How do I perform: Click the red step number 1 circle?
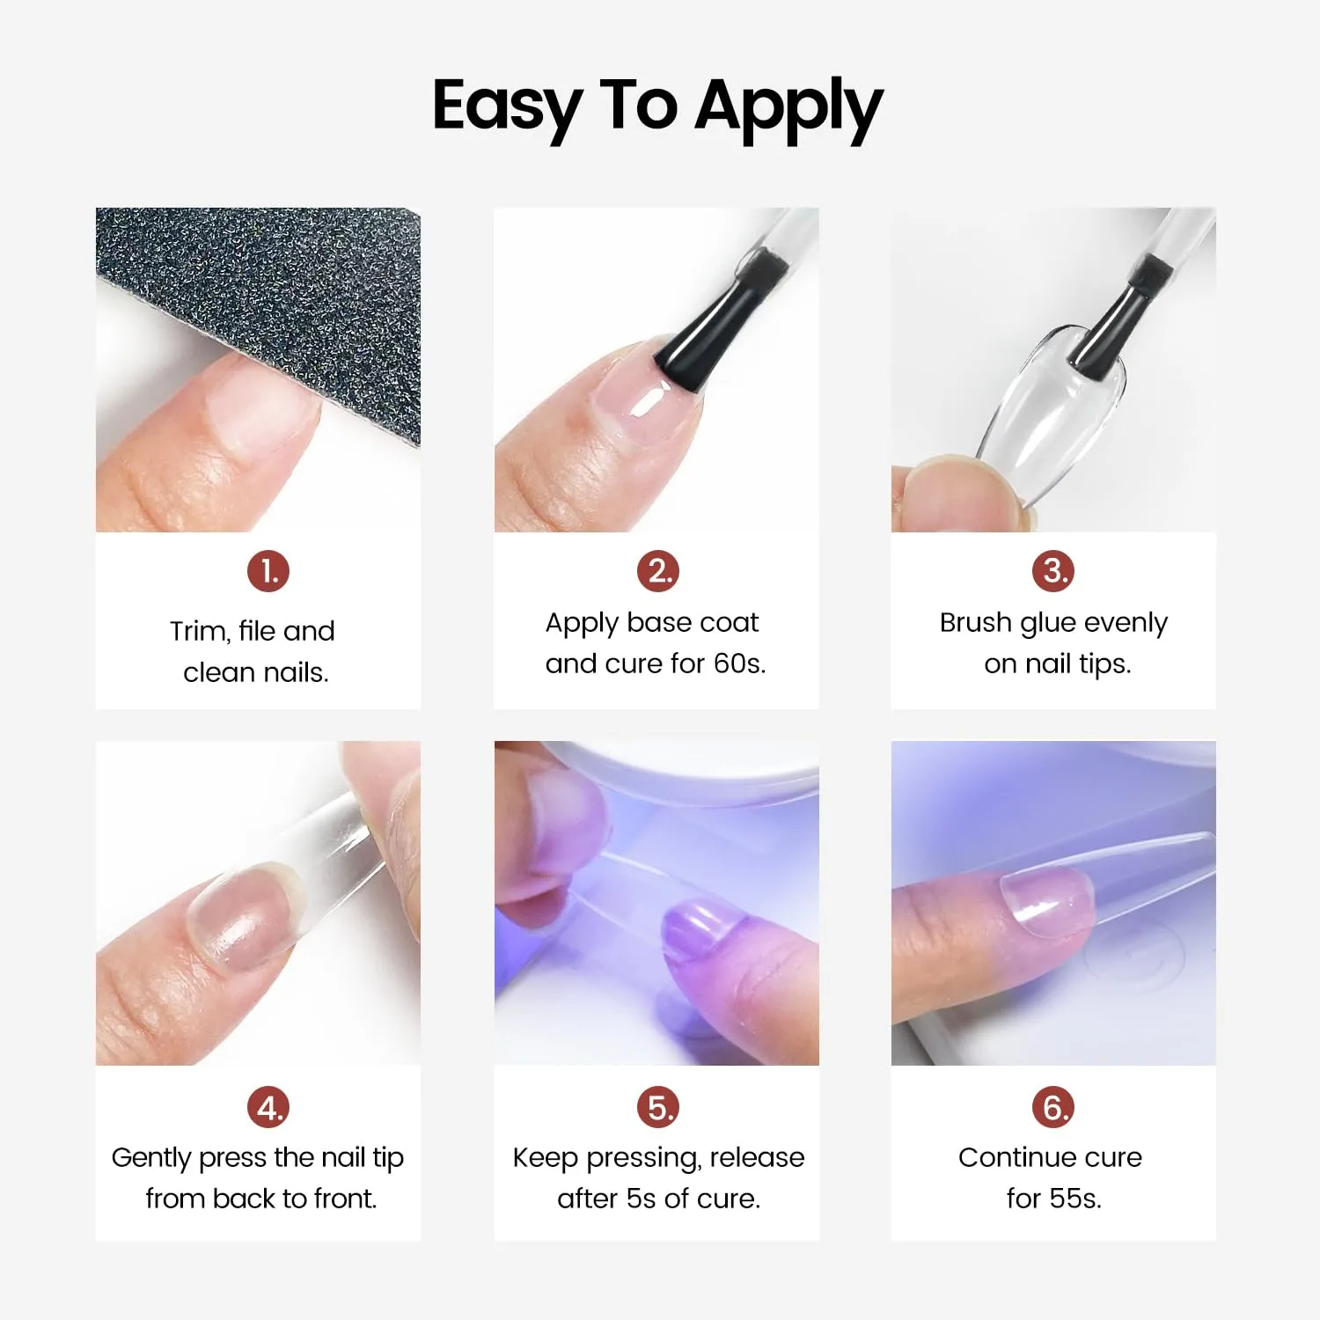268,572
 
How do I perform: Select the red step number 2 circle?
658,572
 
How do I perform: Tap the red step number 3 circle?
1053,572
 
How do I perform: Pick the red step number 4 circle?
268,1107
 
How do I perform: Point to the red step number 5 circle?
658,1107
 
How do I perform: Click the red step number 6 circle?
1053,1107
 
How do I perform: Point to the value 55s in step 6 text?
1074,1199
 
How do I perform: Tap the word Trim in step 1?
200,631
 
